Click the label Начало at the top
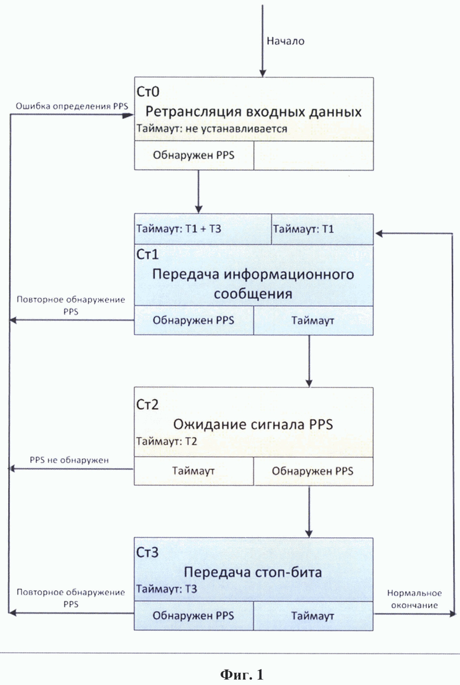point(285,41)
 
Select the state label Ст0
point(148,91)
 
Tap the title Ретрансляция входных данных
point(254,112)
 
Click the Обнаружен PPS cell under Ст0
point(193,155)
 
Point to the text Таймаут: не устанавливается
point(212,129)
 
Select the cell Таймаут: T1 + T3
point(203,229)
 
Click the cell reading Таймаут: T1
point(323,229)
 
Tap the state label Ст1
point(147,254)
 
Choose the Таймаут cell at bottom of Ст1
point(313,321)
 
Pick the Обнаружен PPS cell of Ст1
point(193,321)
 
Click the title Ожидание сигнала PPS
point(253,424)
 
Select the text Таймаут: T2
point(166,441)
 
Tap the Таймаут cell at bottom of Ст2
point(193,471)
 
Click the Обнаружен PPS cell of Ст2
point(313,471)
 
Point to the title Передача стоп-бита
point(253,572)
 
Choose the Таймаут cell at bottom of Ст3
point(313,616)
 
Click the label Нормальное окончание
point(415,599)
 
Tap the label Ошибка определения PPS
point(72,106)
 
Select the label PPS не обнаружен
point(70,460)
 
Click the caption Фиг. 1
point(242,674)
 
